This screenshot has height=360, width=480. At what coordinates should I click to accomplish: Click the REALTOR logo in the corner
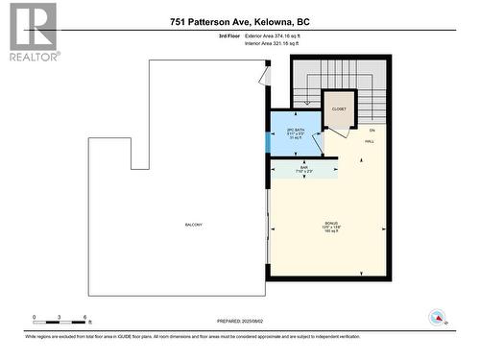point(31,32)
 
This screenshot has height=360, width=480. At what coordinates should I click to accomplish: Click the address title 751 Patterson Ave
point(240,21)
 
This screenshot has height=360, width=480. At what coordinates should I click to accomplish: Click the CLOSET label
point(339,109)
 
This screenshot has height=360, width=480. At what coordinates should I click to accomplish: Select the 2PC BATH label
point(296,132)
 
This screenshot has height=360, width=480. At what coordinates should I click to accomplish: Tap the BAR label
point(303,169)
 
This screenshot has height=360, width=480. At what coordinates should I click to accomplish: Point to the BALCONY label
point(194,225)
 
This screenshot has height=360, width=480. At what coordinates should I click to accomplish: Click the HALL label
point(370,141)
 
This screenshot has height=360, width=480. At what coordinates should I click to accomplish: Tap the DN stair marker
point(372,129)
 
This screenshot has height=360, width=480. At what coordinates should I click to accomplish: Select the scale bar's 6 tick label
point(85,317)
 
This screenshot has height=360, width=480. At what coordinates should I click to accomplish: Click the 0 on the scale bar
point(34,317)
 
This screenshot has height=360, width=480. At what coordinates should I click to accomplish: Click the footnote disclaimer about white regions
point(240,337)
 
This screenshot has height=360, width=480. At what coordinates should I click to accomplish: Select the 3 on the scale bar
point(60,317)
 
